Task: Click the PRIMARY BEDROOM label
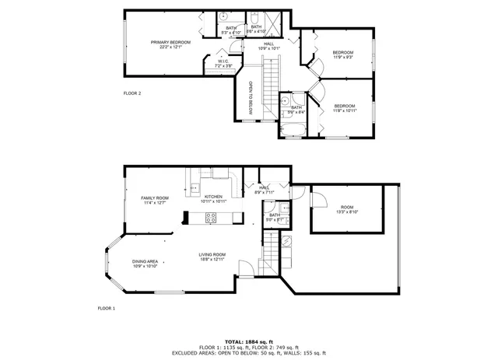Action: pyautogui.click(x=170, y=41)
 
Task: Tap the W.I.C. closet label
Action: pyautogui.click(x=223, y=61)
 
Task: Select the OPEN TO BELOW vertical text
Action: pyautogui.click(x=251, y=98)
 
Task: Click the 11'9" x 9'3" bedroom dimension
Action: pyautogui.click(x=342, y=55)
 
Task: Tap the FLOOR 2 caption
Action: pyautogui.click(x=132, y=93)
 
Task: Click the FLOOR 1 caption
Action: pyautogui.click(x=106, y=309)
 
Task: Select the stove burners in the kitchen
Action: pyautogui.click(x=211, y=218)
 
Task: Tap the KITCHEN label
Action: pyautogui.click(x=213, y=197)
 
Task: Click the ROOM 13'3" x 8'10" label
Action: pyautogui.click(x=347, y=208)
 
